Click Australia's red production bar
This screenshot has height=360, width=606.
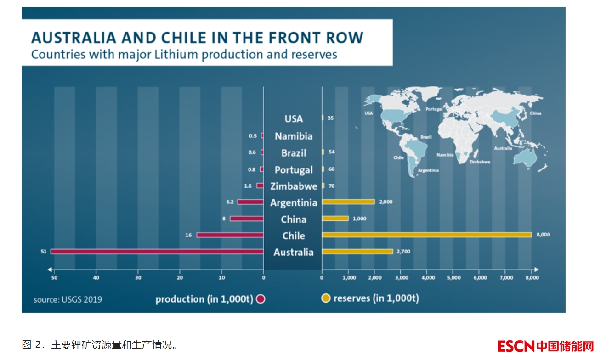point(156,252)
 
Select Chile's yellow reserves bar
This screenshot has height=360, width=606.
point(426,235)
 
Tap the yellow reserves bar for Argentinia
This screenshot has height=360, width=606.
point(348,202)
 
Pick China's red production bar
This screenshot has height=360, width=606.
point(246,219)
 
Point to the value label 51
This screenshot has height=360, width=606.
point(44,252)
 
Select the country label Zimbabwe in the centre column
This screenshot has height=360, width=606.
point(294,186)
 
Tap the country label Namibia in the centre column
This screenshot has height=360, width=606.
point(294,136)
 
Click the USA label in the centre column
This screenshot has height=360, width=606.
point(294,119)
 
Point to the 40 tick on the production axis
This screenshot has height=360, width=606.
point(96,278)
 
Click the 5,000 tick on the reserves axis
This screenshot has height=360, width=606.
point(453,278)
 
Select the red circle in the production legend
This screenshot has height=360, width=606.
point(261,299)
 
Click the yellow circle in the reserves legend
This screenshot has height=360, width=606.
point(326,298)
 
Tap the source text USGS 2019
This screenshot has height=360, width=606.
point(68,299)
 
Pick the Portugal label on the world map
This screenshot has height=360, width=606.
point(434,109)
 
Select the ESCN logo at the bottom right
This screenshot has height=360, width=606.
point(546,345)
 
